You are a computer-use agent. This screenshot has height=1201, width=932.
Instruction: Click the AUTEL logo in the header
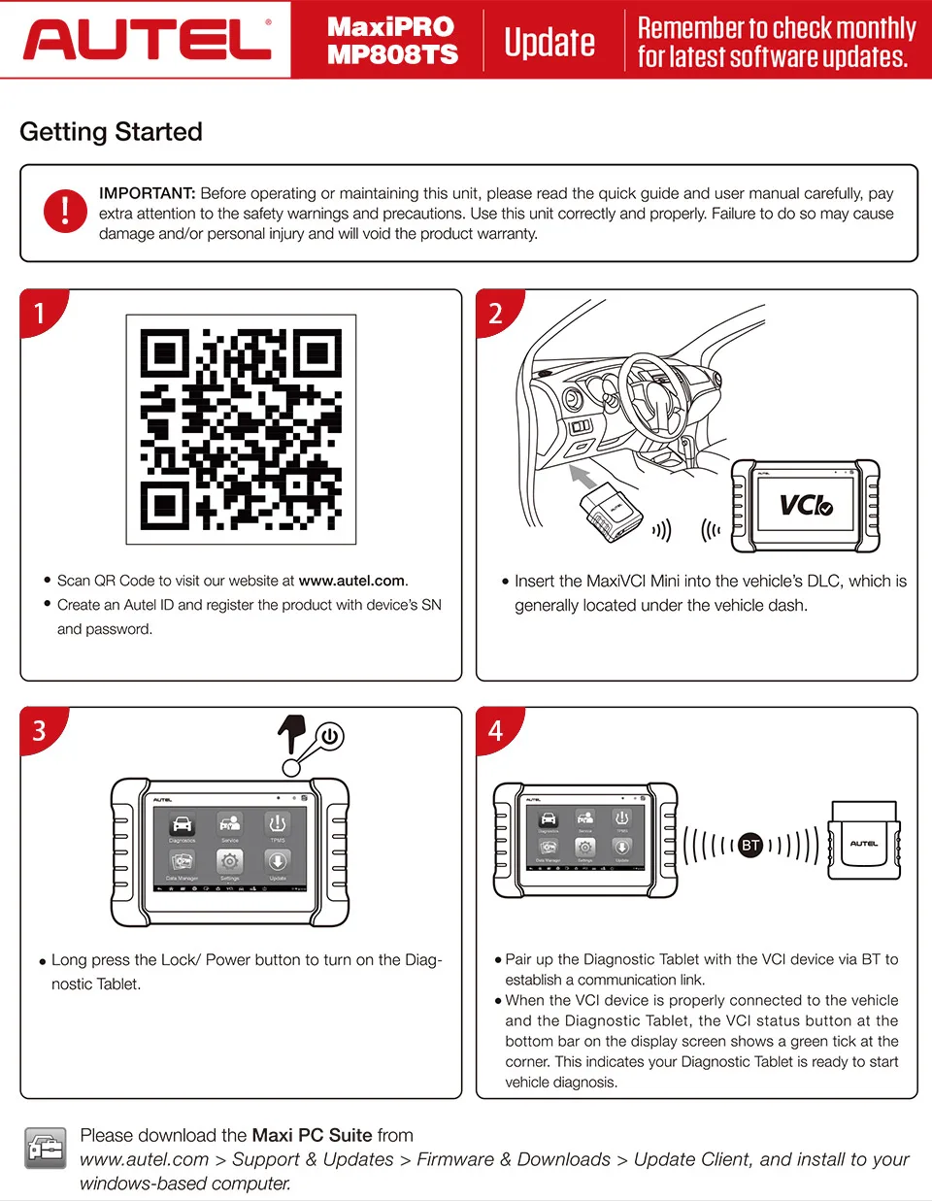pyautogui.click(x=146, y=39)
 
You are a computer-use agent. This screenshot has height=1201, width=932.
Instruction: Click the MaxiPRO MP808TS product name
pyautogui.click(x=391, y=40)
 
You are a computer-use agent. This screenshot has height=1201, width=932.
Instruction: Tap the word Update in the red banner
pyautogui.click(x=549, y=42)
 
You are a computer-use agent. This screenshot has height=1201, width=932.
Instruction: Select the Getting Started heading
pyautogui.click(x=111, y=132)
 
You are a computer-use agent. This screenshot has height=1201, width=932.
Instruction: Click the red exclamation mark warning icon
pyautogui.click(x=65, y=211)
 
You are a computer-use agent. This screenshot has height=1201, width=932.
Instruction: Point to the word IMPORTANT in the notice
pyautogui.click(x=147, y=193)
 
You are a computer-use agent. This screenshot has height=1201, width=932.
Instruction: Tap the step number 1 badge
pyautogui.click(x=40, y=313)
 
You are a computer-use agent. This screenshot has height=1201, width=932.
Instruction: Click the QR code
pyautogui.click(x=241, y=429)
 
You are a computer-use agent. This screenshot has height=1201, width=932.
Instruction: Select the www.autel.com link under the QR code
pyautogui.click(x=351, y=581)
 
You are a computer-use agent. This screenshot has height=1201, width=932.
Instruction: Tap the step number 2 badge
pyautogui.click(x=495, y=313)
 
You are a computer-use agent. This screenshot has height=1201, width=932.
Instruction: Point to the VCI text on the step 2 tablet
pyautogui.click(x=805, y=505)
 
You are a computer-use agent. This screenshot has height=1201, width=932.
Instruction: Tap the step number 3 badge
pyautogui.click(x=40, y=730)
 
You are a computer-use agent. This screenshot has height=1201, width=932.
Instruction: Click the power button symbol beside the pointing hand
pyautogui.click(x=330, y=736)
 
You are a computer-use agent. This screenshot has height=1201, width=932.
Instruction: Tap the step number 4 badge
pyautogui.click(x=495, y=730)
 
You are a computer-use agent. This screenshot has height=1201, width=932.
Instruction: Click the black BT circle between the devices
pyautogui.click(x=750, y=845)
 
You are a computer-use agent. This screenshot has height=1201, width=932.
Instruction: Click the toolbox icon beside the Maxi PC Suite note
pyautogui.click(x=46, y=1149)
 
